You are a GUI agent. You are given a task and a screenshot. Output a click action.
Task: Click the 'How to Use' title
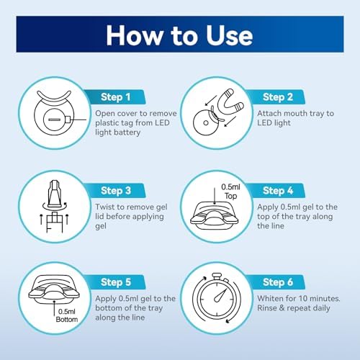click(180, 35)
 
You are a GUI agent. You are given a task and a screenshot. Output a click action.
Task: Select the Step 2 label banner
click(274, 96)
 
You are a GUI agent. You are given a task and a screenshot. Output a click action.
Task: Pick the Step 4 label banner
click(274, 191)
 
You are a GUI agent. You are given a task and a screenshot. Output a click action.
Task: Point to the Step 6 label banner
click(274, 282)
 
